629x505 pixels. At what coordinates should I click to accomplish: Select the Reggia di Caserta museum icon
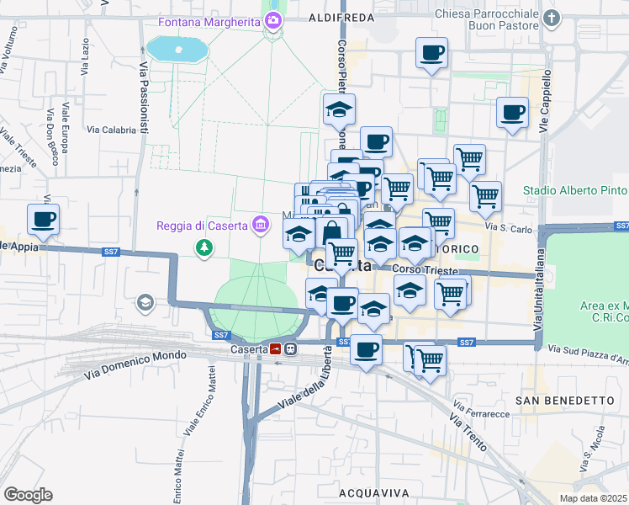[x=261, y=225]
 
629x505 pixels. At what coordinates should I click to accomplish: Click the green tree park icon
[x=203, y=248]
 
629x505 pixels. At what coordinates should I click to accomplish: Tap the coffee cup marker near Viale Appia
[x=44, y=221]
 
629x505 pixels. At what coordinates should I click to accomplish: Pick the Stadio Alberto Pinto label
[x=575, y=190]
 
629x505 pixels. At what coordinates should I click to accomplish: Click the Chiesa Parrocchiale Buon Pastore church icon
[x=552, y=19]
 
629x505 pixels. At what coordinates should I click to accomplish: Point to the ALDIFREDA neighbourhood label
[x=341, y=17]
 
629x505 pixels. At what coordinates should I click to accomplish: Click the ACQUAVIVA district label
[x=373, y=492]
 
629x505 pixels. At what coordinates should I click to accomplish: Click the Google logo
[x=28, y=495]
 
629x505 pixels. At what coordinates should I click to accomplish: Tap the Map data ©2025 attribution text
[x=594, y=498]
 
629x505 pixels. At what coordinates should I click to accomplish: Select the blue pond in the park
[x=178, y=49]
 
